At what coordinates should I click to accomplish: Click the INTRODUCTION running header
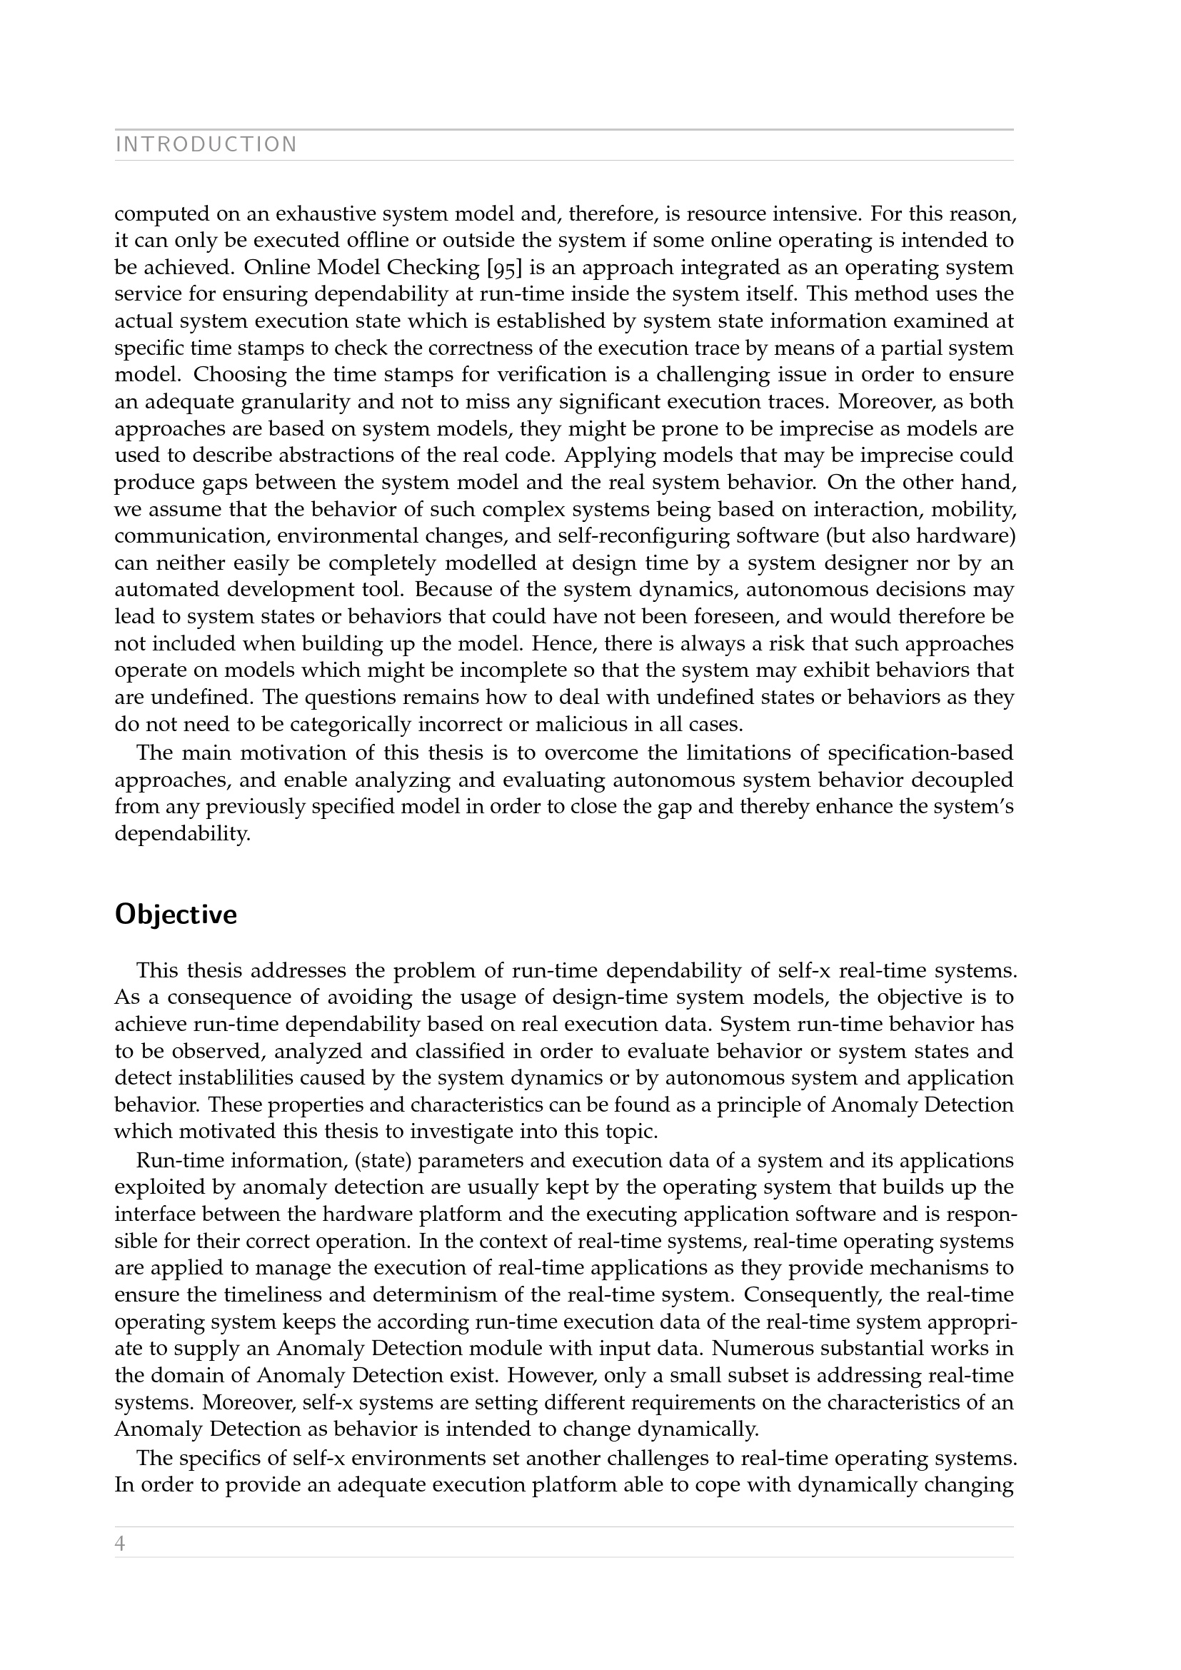coord(206,145)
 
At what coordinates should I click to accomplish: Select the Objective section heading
coord(176,915)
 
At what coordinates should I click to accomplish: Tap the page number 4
coord(120,1544)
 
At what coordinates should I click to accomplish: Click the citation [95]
coord(504,268)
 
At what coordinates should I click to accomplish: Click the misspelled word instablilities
coord(234,1078)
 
